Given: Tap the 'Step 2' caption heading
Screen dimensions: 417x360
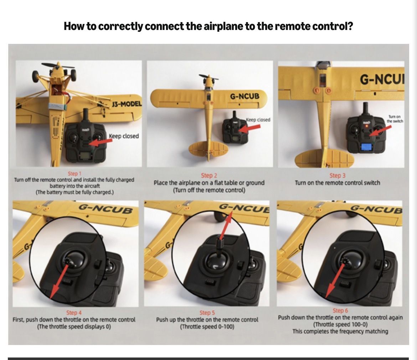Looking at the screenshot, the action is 209,176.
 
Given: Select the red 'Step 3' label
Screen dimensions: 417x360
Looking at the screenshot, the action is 338,176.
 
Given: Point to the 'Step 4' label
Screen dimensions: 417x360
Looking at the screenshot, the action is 74,313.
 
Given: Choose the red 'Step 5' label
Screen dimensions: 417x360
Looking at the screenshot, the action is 207,313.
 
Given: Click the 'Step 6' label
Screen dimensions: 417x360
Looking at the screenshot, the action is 340,310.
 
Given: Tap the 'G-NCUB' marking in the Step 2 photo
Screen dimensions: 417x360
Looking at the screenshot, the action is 244,96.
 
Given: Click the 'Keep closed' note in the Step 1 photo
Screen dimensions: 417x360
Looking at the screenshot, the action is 124,136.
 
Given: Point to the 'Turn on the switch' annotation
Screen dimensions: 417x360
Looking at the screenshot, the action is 395,119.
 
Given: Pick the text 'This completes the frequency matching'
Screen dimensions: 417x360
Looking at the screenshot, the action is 340,331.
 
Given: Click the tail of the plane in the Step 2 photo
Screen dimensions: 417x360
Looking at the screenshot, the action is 208,150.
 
